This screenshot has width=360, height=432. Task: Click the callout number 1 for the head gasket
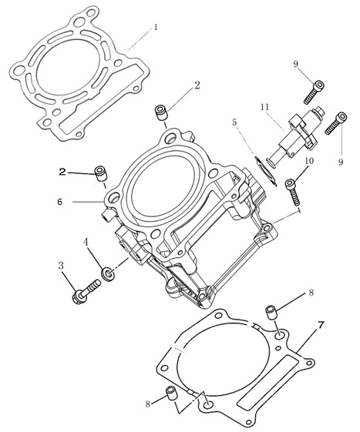pyautogui.click(x=156, y=28)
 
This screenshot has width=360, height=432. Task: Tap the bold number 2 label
pyautogui.click(x=62, y=172)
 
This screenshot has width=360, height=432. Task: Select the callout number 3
pyautogui.click(x=61, y=266)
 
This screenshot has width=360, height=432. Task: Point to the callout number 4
pyautogui.click(x=86, y=243)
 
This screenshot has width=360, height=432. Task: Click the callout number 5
pyautogui.click(x=234, y=122)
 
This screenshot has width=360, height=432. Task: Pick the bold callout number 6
pyautogui.click(x=60, y=202)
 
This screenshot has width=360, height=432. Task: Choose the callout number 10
pyautogui.click(x=310, y=161)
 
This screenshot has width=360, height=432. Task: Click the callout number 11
pyautogui.click(x=265, y=107)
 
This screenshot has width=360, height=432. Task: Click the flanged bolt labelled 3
pyautogui.click(x=86, y=293)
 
